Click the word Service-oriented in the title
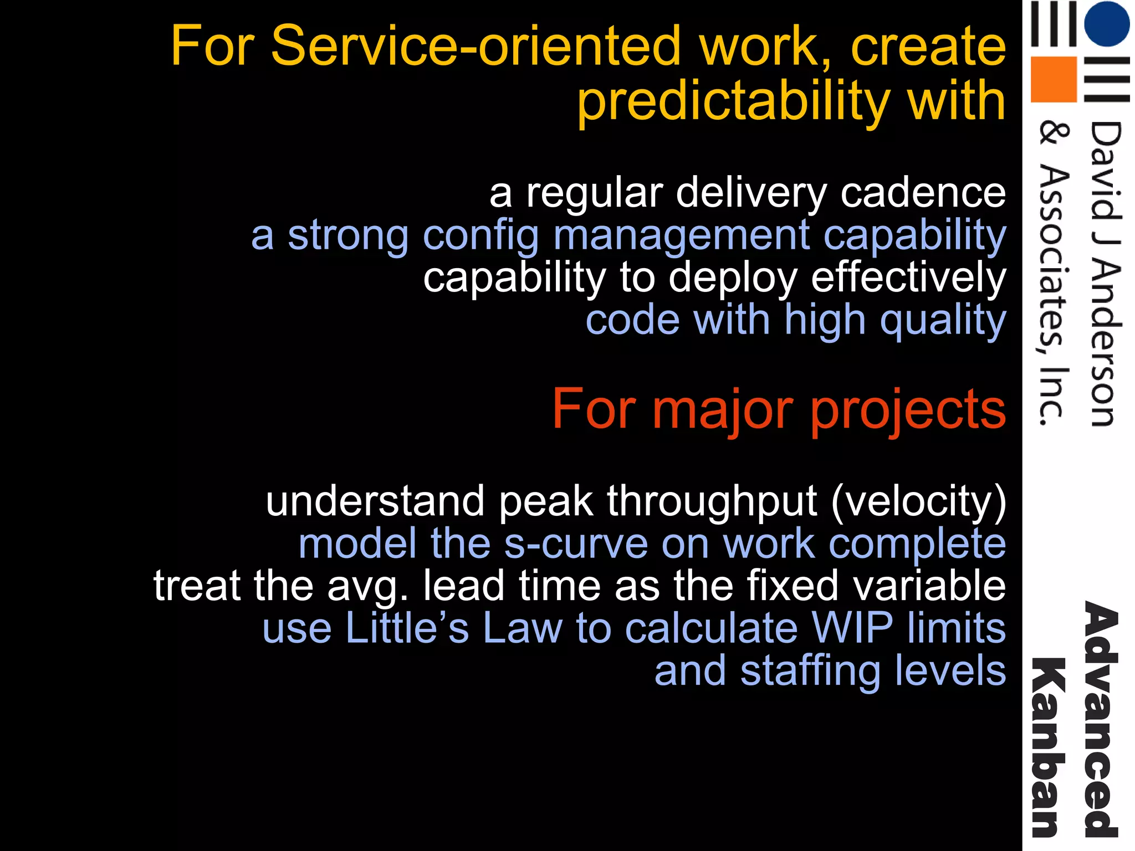coord(475,46)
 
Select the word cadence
coord(923,193)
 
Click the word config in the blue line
coord(480,237)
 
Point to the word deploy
coord(733,279)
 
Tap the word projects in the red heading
coord(908,411)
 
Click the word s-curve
coord(576,544)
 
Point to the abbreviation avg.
coord(367,586)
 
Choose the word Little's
coord(407,629)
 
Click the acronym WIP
coord(852,629)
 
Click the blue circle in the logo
coord(1106,24)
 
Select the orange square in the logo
coord(1053,79)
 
